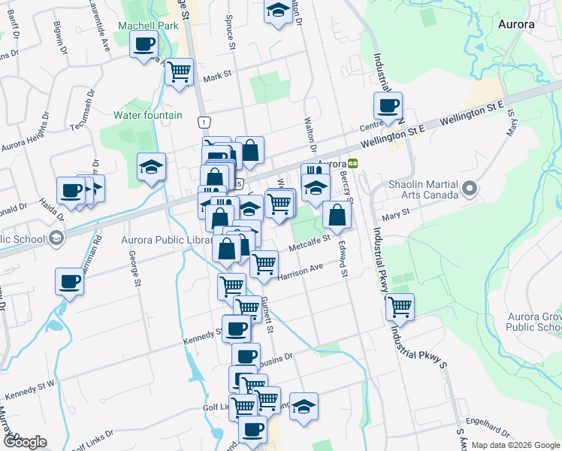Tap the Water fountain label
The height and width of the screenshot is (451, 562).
[147, 115]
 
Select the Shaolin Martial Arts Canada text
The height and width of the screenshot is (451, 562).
[423, 189]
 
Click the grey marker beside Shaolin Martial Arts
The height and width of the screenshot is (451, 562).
[471, 188]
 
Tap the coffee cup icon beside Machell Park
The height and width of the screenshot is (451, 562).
[143, 44]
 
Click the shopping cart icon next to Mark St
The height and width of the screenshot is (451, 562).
[179, 72]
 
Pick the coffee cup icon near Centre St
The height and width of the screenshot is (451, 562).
[388, 106]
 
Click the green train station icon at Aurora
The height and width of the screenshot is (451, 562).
[352, 163]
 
